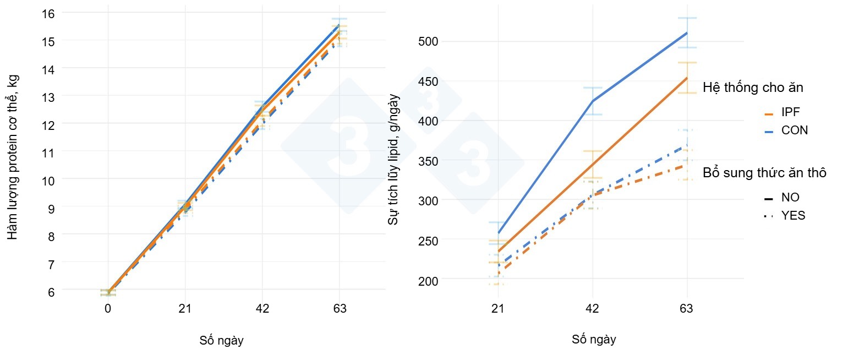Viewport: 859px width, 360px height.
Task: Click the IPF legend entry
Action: coord(789,113)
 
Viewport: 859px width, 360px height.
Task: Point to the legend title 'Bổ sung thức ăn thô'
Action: coord(764,173)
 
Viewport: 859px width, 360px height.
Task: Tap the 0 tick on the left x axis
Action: coord(108,308)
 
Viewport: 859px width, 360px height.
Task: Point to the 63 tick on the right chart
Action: coord(686,308)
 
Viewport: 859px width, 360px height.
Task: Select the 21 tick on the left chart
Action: coord(185,308)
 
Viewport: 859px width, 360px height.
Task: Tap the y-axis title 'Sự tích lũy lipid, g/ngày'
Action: coord(393,160)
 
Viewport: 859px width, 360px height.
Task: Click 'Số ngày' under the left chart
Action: coord(221,341)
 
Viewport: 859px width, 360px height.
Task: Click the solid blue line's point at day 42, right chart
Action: coord(593,101)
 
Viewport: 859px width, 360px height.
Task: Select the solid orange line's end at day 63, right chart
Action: coord(687,78)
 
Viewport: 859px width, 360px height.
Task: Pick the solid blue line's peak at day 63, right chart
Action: coord(687,33)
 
